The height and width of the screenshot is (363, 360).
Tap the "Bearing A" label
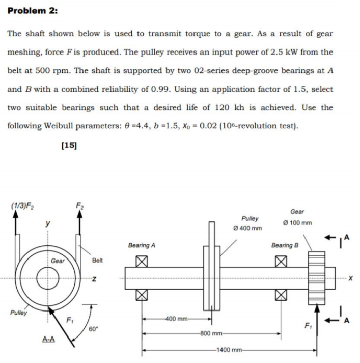pyautogui.click(x=141, y=245)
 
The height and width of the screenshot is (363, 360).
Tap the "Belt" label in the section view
pyautogui.click(x=98, y=260)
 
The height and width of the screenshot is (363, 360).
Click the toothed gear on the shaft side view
pyautogui.click(x=316, y=278)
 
